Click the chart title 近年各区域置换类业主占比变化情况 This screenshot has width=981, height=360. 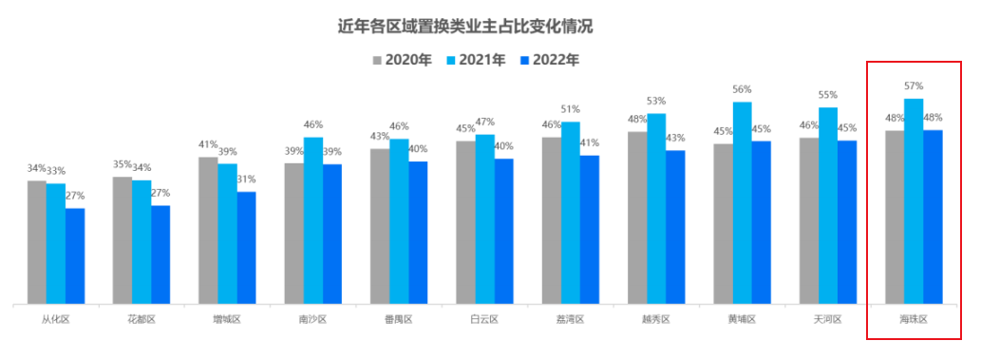click(472, 26)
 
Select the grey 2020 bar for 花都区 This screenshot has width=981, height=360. click(123, 240)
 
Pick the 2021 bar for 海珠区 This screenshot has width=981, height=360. click(914, 201)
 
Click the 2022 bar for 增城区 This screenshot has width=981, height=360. click(247, 248)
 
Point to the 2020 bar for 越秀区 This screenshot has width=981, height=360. click(637, 218)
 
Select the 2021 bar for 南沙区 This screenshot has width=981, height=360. click(313, 220)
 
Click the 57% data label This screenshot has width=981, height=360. click(914, 86)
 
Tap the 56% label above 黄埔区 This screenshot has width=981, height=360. click(742, 89)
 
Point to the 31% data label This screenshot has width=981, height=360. click(247, 180)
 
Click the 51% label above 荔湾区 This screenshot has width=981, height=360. click(571, 109)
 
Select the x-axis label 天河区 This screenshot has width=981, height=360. click(828, 320)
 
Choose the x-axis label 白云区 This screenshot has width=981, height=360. click(484, 320)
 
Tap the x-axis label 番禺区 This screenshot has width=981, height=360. click(399, 320)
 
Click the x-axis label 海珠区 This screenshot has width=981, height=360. click(914, 320)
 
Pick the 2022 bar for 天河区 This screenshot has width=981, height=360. click(847, 222)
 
